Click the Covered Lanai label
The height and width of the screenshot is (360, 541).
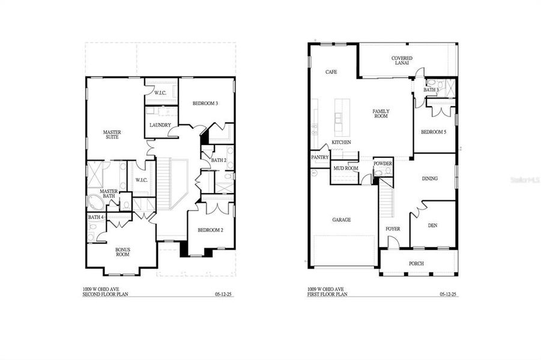click(x=402, y=61)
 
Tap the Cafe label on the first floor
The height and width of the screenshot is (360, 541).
click(x=331, y=72)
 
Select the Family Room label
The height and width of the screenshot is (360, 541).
click(x=381, y=113)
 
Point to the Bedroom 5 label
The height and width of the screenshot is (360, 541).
click(x=433, y=132)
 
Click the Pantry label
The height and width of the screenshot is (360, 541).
click(x=319, y=158)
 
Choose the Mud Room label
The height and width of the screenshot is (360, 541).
click(x=345, y=169)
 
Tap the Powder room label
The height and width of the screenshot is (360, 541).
click(x=382, y=163)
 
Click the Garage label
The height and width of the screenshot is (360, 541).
click(x=342, y=220)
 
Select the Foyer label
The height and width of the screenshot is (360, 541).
click(x=393, y=229)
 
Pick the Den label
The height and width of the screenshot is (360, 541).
click(x=432, y=226)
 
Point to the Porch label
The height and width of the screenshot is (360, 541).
click(x=416, y=263)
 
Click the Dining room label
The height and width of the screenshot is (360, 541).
click(x=429, y=178)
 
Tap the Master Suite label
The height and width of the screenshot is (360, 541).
click(x=111, y=134)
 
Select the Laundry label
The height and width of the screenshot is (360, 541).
click(x=160, y=125)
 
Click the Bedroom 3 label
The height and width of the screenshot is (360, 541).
click(x=205, y=104)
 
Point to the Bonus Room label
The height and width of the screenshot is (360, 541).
click(x=122, y=252)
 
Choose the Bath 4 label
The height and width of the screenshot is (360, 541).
click(x=95, y=217)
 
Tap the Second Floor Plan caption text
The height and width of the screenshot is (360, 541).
click(x=105, y=293)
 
